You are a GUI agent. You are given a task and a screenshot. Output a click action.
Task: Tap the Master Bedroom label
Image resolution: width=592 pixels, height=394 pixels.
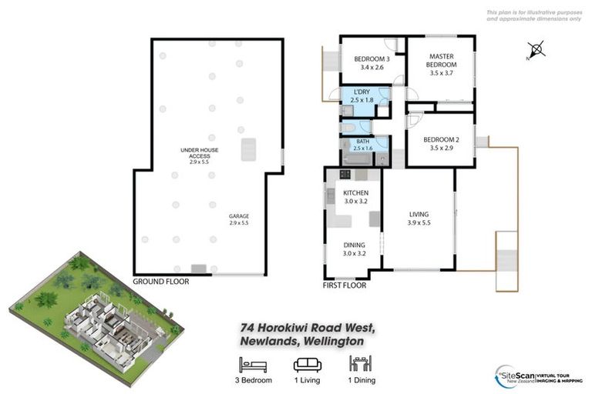pyautogui.click(x=442, y=61)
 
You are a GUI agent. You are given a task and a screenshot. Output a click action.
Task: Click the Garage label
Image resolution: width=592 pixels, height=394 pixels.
pyautogui.click(x=240, y=216)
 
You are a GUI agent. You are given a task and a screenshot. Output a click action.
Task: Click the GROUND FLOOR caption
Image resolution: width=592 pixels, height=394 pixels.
pyautogui.click(x=160, y=282)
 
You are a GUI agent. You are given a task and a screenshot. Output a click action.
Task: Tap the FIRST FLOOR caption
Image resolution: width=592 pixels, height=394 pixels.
pyautogui.click(x=344, y=285)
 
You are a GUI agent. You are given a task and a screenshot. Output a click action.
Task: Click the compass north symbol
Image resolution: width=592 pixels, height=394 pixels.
pyautogui.click(x=537, y=51)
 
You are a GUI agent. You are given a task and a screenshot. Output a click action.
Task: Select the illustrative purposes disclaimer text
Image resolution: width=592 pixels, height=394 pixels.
pyautogui.click(x=533, y=15)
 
